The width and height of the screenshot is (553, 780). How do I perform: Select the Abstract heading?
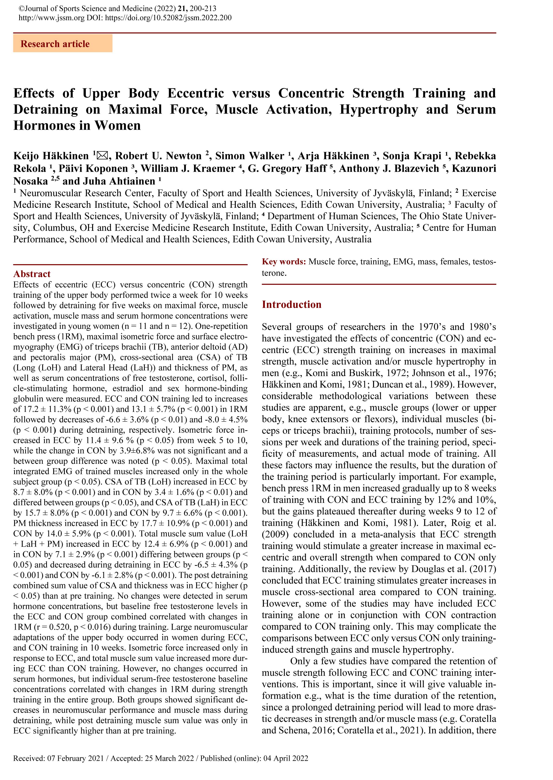point(32,274)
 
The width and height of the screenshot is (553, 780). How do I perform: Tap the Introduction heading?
point(292,305)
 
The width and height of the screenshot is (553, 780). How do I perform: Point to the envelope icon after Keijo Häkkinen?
point(102,156)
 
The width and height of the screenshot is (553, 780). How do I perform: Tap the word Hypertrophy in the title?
point(379,110)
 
